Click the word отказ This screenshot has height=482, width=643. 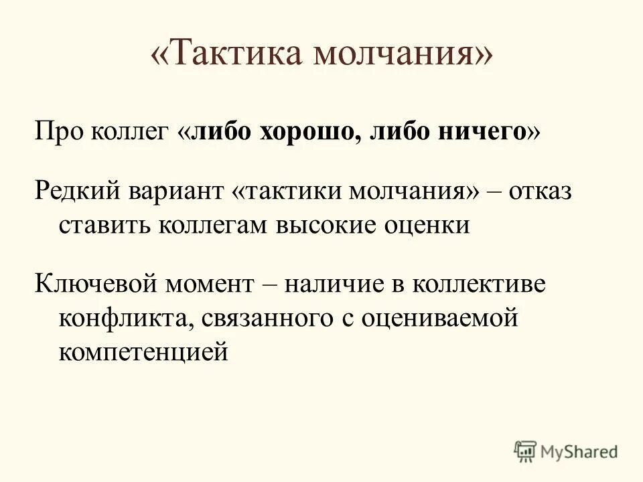pos(540,192)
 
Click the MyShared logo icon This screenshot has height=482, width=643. pos(525,452)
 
